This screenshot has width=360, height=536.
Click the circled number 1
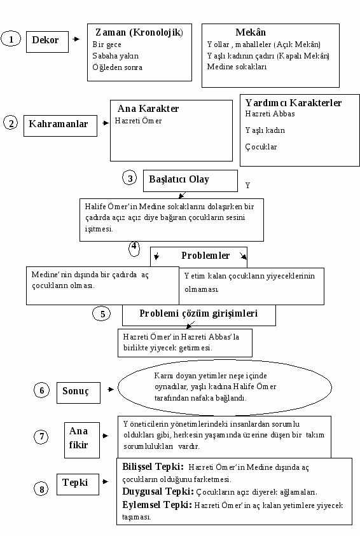tap(11, 39)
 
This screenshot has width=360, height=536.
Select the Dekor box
tap(47, 42)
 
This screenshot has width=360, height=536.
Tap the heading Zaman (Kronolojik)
tap(139, 32)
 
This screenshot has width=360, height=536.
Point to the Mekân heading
tap(251, 32)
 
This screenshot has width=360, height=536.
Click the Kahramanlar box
tap(60, 126)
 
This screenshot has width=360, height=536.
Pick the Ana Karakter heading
tap(148, 109)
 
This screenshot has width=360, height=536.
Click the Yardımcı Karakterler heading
tap(293, 102)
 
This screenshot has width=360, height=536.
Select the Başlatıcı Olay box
tap(190, 181)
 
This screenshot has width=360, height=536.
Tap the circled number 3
tap(130, 178)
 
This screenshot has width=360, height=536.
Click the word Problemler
tap(205, 256)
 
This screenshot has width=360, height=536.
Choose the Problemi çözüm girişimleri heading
tap(198, 313)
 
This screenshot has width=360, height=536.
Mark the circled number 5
tap(102, 314)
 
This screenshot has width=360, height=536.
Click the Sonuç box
tap(78, 393)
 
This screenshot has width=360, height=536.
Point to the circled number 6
tap(42, 390)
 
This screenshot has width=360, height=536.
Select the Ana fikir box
tap(82, 440)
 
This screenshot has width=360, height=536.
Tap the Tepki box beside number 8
tap(78, 484)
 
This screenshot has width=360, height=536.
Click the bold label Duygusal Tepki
tap(158, 491)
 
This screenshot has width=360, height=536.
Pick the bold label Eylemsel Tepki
tap(157, 505)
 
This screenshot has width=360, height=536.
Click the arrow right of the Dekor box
tap(76, 39)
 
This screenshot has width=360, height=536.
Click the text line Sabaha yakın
tap(116, 56)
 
